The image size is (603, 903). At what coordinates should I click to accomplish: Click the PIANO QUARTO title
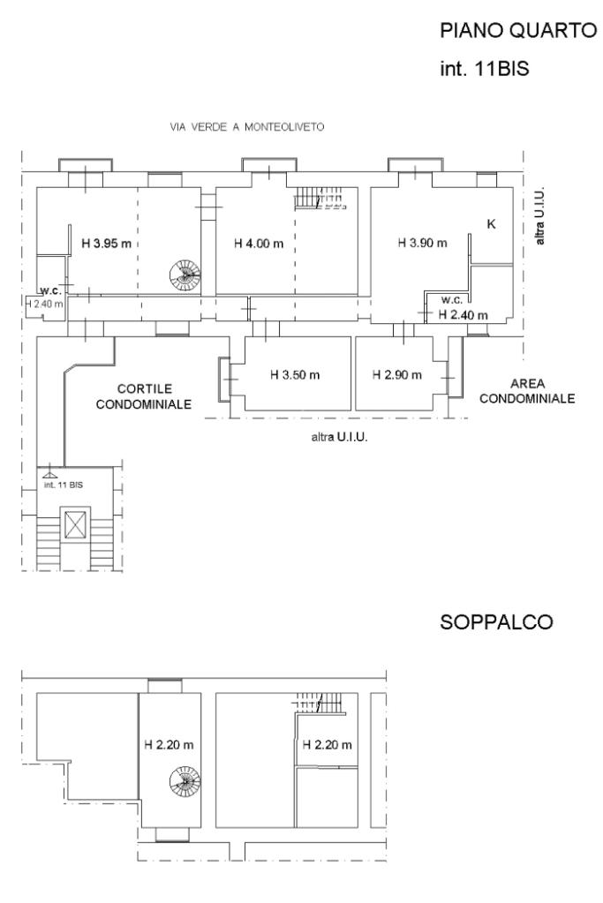coord(518,31)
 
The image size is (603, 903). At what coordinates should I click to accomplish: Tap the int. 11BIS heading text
coord(485,69)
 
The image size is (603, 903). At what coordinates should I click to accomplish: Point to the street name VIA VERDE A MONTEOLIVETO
coord(247,127)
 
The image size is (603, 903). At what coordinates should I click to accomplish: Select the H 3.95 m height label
coord(107,243)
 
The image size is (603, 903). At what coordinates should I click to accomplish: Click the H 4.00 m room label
coord(259,244)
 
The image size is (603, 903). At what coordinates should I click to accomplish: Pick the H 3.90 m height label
coord(422,243)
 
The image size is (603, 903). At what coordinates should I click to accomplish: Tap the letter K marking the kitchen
coord(491,224)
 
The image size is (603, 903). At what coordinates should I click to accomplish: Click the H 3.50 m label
coord(295,375)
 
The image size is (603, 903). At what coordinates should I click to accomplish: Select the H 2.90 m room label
coord(396,375)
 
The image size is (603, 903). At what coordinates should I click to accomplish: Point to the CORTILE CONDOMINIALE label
coord(143,396)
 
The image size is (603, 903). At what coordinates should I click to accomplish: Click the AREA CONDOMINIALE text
coord(527,391)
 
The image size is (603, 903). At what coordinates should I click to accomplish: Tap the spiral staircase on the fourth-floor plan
coord(185,275)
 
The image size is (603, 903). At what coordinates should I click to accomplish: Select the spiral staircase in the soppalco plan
coord(185,781)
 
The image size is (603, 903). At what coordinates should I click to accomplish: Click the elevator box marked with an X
coord(76,524)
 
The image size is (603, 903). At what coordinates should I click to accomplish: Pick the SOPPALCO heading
coord(496,622)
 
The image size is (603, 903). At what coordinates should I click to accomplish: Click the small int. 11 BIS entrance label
coord(64,485)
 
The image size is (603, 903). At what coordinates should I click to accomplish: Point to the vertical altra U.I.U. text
coord(539,216)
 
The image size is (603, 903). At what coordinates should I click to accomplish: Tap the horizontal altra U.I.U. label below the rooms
coord(339,437)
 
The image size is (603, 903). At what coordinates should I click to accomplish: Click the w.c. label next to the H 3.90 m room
coord(452,300)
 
